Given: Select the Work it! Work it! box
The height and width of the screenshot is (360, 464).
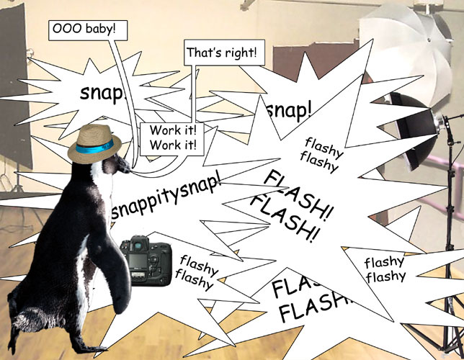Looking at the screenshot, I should point(172,136).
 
